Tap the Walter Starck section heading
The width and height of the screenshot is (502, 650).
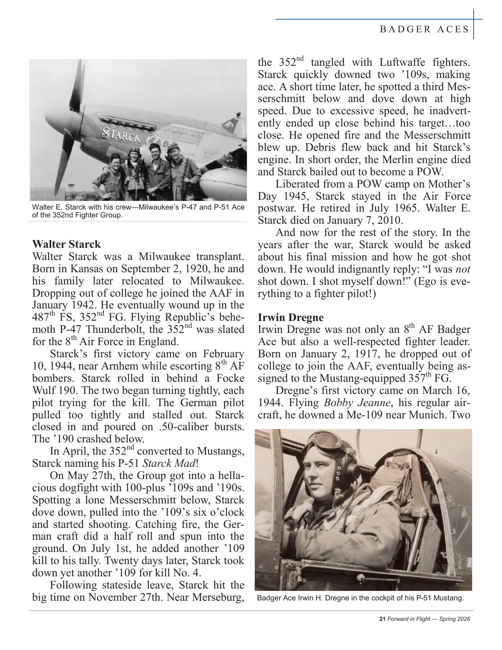pyautogui.click(x=67, y=244)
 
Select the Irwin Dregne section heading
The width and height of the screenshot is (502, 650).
pyautogui.click(x=291, y=318)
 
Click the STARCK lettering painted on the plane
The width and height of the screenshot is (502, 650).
pyautogui.click(x=121, y=136)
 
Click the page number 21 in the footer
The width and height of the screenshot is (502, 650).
pyautogui.click(x=382, y=619)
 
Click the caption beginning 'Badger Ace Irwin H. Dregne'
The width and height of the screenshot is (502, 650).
pyautogui.click(x=360, y=598)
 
